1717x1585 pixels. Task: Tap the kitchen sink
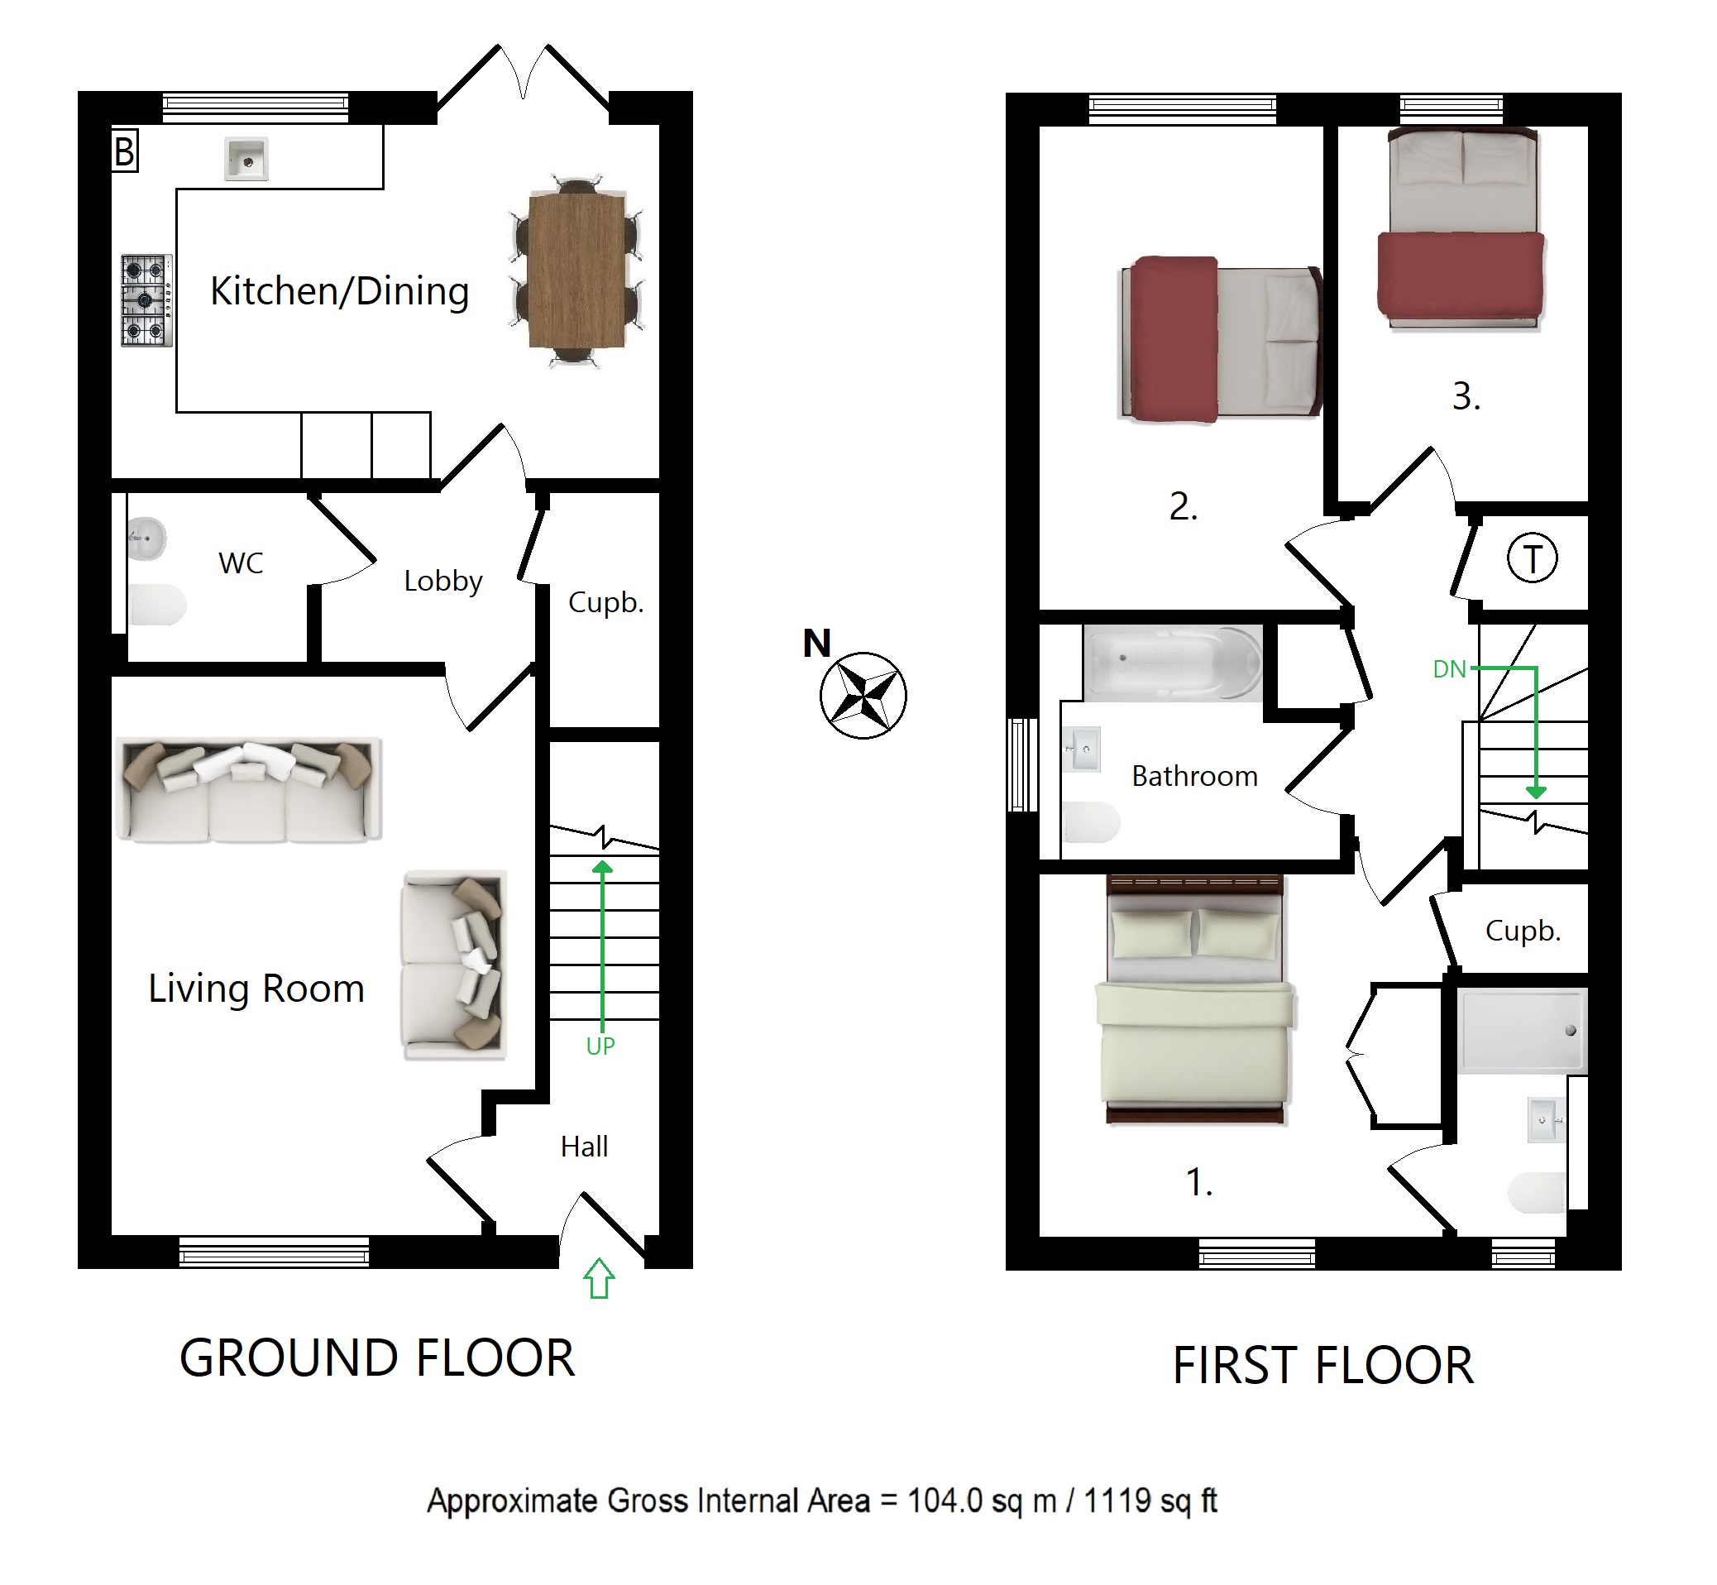pyautogui.click(x=246, y=159)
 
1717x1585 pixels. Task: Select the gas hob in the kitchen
pyautogui.click(x=146, y=300)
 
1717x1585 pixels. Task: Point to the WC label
pyautogui.click(x=241, y=563)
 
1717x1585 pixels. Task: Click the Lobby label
pyautogui.click(x=443, y=582)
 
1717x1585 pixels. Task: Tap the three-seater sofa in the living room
pyautogui.click(x=249, y=790)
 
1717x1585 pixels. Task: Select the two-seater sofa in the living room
pyautogui.click(x=454, y=964)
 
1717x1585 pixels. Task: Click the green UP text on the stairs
pyautogui.click(x=600, y=1046)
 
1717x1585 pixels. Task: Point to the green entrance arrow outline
pyautogui.click(x=600, y=1278)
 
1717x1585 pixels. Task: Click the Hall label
pyautogui.click(x=584, y=1147)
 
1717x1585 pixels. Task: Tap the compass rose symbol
pyautogui.click(x=863, y=695)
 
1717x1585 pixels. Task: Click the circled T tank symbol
pyautogui.click(x=1532, y=558)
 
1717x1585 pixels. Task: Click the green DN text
pyautogui.click(x=1449, y=669)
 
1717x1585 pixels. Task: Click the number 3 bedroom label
pyautogui.click(x=1466, y=397)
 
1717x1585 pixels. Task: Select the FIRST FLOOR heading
pyautogui.click(x=1323, y=1366)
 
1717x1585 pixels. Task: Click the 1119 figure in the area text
pyautogui.click(x=1117, y=1500)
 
